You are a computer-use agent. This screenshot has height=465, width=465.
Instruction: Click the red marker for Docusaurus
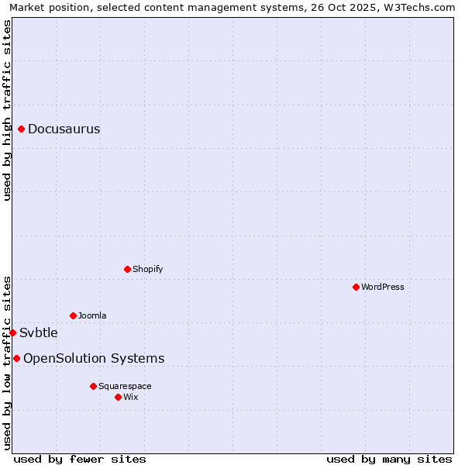22,129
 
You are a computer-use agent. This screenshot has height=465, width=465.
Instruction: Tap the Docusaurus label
64,129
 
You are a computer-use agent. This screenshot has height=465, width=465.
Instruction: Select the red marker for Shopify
128,269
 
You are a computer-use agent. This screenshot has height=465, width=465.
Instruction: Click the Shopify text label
147,269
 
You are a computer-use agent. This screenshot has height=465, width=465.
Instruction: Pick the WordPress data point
356,287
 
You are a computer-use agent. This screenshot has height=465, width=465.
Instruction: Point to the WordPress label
383,287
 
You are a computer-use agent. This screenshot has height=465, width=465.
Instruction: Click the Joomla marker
74,315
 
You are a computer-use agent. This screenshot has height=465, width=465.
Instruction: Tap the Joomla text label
92,315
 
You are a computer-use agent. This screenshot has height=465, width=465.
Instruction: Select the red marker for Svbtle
13,332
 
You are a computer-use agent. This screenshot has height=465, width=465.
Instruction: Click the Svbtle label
39,333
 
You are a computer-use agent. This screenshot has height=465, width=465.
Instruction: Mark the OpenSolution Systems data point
17,358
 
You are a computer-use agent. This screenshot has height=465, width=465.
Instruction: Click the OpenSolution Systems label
94,358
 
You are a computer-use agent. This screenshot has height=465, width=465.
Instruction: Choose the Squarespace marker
94,386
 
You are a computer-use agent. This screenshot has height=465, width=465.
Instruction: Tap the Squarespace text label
125,386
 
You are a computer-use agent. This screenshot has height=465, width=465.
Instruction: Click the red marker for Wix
119,397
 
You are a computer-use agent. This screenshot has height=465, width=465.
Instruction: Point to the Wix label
131,397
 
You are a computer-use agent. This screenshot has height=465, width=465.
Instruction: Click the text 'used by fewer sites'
80,459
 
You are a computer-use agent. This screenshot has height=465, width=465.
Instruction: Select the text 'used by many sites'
389,459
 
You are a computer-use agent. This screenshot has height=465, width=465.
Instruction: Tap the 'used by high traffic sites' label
8,110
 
